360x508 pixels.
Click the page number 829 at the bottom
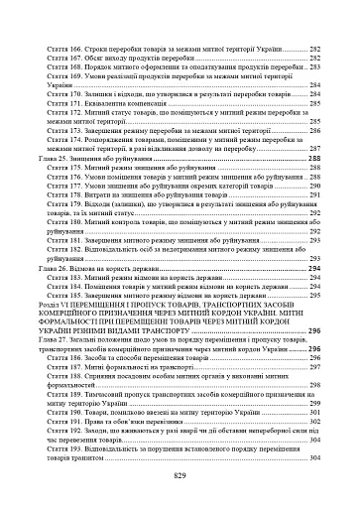180,476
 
